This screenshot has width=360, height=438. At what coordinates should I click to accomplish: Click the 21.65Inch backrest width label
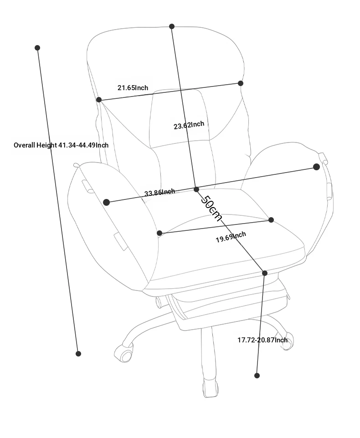133,88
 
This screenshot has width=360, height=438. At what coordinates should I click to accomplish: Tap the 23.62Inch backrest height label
189,125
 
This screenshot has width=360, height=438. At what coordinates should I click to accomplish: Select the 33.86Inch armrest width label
159,192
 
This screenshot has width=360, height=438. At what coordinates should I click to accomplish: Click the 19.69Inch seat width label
231,237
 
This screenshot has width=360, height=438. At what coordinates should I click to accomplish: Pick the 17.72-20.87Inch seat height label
262,340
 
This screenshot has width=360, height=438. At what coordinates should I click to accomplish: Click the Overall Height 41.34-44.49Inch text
61,145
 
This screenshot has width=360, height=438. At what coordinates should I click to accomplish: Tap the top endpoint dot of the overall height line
37,48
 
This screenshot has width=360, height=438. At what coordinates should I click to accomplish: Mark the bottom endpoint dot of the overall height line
78,354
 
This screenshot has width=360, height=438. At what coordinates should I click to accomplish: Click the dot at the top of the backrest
172,26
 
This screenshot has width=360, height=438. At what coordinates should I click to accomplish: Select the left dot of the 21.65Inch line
99,100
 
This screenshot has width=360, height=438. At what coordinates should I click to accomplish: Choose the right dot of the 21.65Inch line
241,83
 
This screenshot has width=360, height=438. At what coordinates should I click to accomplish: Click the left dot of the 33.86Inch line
107,202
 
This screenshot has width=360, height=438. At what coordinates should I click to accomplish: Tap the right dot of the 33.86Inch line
316,167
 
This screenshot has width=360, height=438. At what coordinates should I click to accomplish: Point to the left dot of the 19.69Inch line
159,233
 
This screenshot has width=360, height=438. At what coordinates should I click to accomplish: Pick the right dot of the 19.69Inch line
271,220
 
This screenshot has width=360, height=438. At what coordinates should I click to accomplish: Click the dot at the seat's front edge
265,273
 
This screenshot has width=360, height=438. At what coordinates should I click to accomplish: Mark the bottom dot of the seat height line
257,376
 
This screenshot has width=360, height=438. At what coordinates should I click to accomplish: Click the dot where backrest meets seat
196,190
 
